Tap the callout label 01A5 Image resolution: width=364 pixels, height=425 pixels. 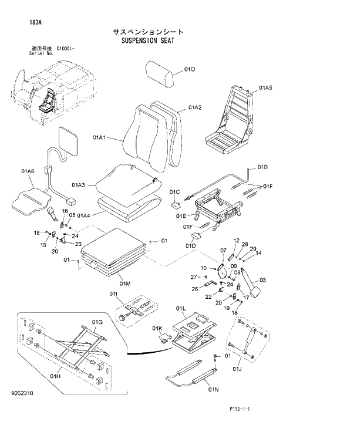click(265, 87)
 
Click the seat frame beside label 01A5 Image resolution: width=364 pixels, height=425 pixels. click(231, 118)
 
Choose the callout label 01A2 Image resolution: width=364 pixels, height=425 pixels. click(196, 107)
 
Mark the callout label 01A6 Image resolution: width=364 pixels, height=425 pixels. click(28, 171)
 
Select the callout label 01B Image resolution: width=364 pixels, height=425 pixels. click(262, 168)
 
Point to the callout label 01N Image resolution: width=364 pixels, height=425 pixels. click(213, 389)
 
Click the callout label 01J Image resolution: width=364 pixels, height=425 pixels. click(237, 369)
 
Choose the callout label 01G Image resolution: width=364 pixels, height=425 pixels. click(97, 322)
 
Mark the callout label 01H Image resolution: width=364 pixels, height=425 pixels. click(56, 376)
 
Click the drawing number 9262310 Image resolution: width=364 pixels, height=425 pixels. click(23, 405)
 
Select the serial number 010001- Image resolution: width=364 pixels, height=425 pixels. click(66, 48)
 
